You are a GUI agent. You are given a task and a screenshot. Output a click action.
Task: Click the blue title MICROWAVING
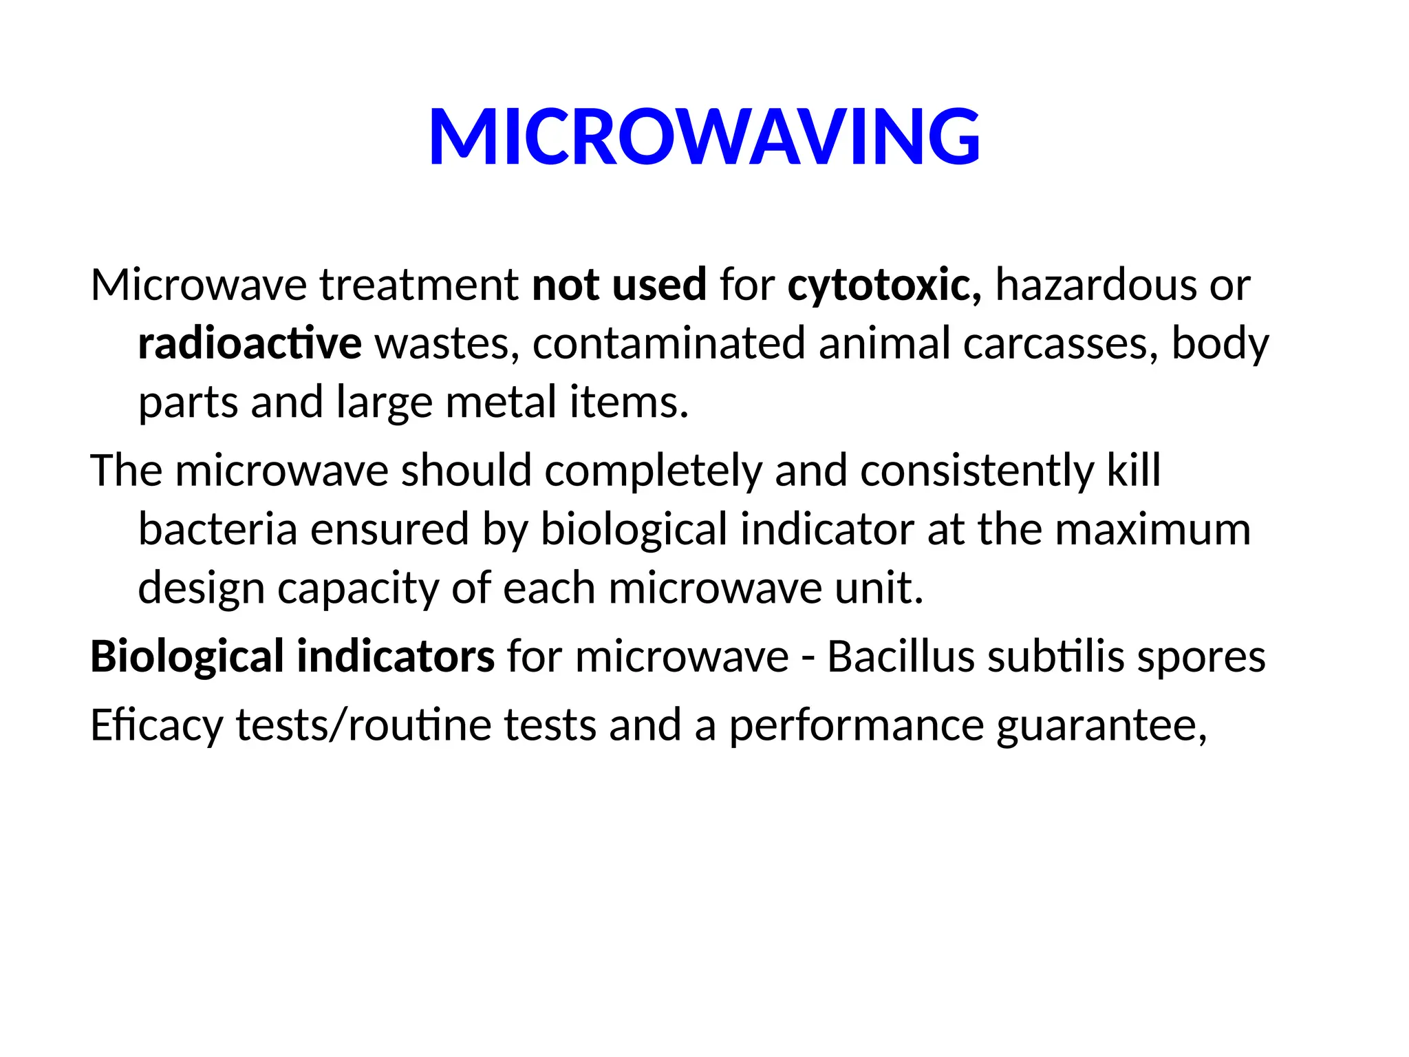[704, 137]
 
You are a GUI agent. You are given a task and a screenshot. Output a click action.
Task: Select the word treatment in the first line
[419, 285]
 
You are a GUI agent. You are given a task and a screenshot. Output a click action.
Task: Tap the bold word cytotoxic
[884, 285]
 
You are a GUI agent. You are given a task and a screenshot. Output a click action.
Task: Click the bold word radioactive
[250, 343]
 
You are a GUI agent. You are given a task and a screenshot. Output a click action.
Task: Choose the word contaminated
[669, 343]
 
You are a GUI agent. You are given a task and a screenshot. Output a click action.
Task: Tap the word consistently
[976, 471]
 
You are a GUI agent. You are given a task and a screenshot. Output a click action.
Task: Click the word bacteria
[217, 529]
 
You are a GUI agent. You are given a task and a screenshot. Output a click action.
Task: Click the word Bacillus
[901, 656]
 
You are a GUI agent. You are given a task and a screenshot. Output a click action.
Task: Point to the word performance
[857, 725]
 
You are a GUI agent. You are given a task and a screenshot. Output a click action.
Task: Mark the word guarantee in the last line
[1101, 725]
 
